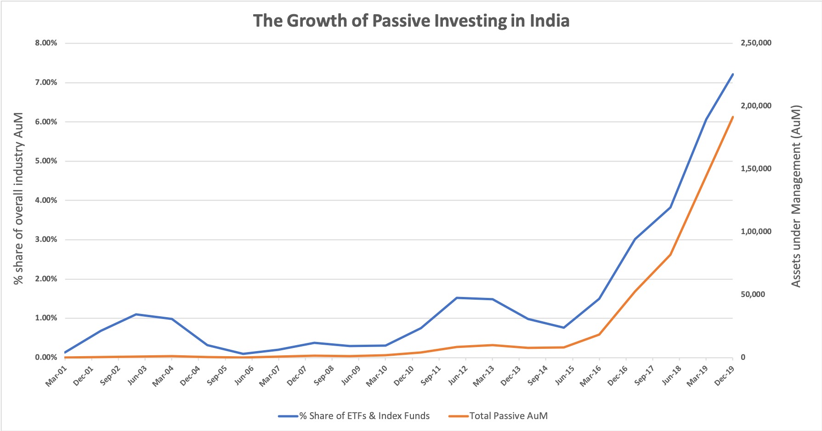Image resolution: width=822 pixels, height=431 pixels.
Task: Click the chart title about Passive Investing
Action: (411, 21)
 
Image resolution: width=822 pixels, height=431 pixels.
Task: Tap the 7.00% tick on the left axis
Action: (46, 83)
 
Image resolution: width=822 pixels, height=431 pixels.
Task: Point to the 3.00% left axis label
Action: (46, 240)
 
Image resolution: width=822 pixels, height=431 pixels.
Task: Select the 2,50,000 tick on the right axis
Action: (756, 43)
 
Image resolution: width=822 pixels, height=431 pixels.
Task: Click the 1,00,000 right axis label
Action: (756, 232)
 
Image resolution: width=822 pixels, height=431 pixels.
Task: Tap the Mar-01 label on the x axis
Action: (56, 375)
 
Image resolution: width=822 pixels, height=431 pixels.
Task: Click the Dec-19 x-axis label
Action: (724, 375)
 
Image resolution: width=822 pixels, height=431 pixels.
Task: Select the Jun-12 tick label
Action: (458, 375)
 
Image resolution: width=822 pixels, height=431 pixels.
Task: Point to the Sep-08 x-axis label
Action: (323, 375)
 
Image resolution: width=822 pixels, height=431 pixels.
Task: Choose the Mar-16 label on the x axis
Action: (591, 375)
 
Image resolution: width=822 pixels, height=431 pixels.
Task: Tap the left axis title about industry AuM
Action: (18, 198)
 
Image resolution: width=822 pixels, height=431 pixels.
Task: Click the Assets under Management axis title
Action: (796, 196)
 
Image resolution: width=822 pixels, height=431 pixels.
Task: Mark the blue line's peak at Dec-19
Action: (732, 74)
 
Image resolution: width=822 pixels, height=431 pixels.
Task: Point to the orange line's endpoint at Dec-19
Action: (732, 117)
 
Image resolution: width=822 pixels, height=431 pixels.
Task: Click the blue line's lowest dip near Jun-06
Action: (243, 354)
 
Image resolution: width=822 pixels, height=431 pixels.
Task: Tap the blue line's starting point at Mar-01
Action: (65, 353)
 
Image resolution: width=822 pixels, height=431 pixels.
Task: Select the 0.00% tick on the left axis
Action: (46, 358)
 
